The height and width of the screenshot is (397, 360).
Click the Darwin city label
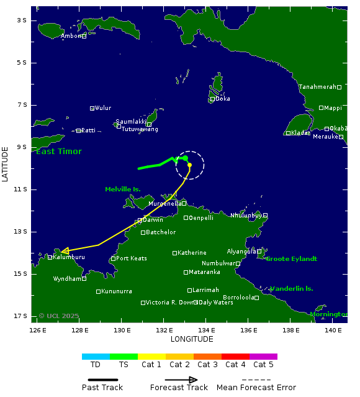pos(153,220)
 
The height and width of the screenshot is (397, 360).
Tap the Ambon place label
pos(71,36)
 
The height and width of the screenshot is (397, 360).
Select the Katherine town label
pos(192,253)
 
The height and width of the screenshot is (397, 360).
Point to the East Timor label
pos(59,152)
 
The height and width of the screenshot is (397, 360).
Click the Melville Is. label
pos(123,189)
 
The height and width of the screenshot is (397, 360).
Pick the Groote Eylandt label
pos(291,258)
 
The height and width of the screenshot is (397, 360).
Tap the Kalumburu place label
pos(69,257)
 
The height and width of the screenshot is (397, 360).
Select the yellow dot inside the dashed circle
pos(189,165)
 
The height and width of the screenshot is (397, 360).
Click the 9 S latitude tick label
pos(22,147)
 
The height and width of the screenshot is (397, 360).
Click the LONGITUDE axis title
pos(192,339)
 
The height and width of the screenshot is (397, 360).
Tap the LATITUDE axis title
pos(6,164)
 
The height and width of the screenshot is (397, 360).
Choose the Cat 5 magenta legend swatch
pos(263,357)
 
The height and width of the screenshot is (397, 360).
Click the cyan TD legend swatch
pos(96,357)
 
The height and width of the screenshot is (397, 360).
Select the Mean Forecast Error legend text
pos(256,388)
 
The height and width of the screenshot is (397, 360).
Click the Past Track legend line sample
pos(102,380)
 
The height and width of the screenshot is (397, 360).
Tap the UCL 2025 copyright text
pos(59,316)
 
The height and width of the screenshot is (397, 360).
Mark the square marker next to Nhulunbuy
pos(265,216)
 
